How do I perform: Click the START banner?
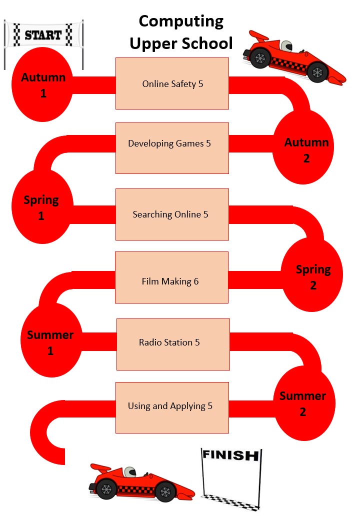pos(43,35)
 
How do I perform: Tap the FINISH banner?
pos(230,455)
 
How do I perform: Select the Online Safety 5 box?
pos(172,83)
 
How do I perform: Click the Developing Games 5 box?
pos(172,148)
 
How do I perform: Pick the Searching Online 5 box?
pos(172,214)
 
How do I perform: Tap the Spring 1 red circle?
pos(42,207)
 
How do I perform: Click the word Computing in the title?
pos(181,21)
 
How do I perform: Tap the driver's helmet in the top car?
pos(286,46)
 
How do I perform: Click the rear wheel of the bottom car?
pos(106,488)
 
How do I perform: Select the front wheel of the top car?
pos(317,73)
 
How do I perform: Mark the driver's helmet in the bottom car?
pos(130,471)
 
